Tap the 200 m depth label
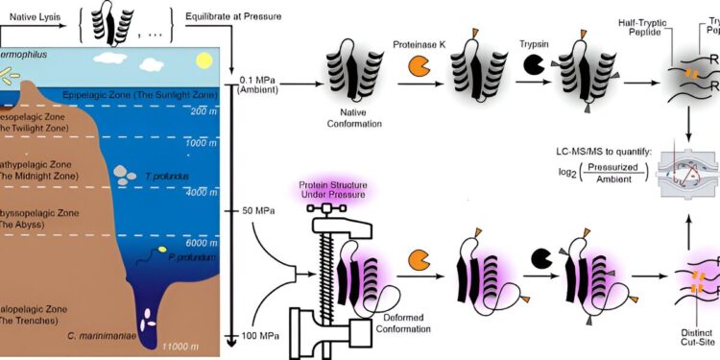[x=200, y=111]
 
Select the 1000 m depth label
[x=198, y=142]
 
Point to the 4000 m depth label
[x=198, y=193]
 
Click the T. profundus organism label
[x=165, y=177]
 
